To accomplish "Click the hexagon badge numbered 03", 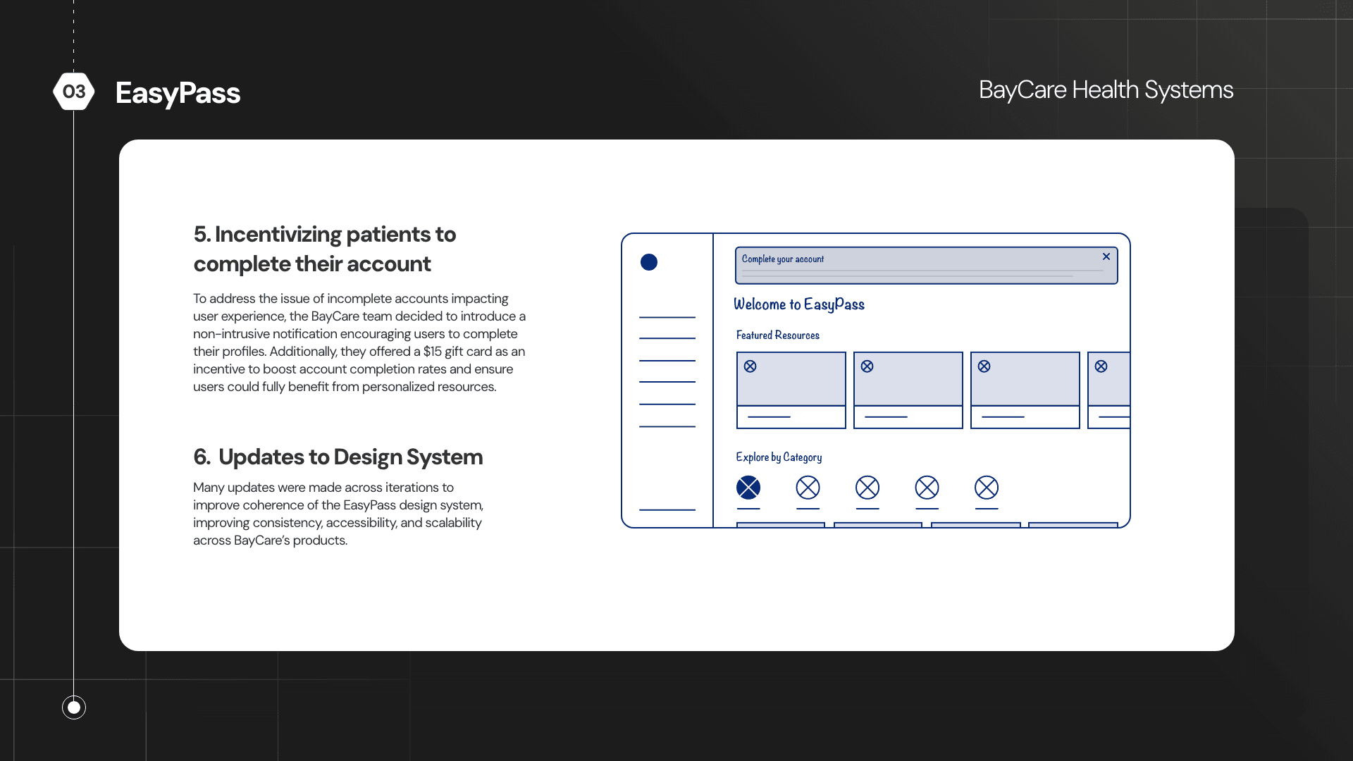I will [x=74, y=92].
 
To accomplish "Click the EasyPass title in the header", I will [x=178, y=93].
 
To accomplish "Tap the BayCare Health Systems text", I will [x=1106, y=90].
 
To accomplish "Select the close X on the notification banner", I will [x=1106, y=256].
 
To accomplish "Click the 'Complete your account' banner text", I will [x=782, y=259].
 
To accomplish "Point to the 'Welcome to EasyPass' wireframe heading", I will [x=798, y=304].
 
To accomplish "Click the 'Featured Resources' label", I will [x=777, y=335].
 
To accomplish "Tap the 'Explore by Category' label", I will [x=779, y=457].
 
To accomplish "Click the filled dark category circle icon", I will [x=748, y=488].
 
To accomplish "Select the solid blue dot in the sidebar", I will [x=649, y=262].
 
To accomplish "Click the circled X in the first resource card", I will [x=750, y=366].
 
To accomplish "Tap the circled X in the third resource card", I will [x=984, y=366].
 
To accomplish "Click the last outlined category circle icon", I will [x=987, y=488].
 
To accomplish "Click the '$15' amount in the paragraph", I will [x=432, y=352].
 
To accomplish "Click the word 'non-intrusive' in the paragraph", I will [x=231, y=334].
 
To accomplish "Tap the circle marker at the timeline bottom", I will [x=74, y=707].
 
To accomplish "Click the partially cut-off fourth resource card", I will [x=1109, y=390].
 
